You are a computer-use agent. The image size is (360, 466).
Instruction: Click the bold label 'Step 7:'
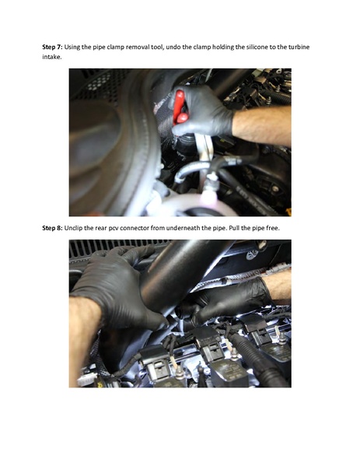click(x=52, y=47)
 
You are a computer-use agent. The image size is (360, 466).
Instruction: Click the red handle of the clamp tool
click(x=180, y=106)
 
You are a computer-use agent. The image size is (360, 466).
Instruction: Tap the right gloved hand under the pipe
click(x=233, y=300)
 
